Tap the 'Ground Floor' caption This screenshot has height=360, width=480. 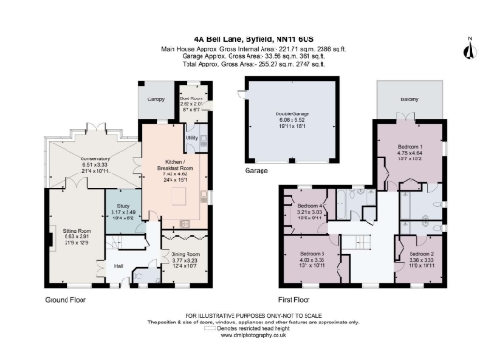point(66,301)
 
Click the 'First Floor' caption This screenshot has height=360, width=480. point(299,301)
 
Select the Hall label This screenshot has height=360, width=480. point(119,266)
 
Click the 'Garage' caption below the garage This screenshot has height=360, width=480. point(256,172)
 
